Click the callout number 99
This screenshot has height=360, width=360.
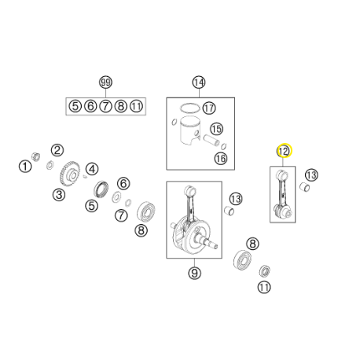coord(105,83)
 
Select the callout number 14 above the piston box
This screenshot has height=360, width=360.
coord(199,83)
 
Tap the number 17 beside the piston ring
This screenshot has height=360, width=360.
coord(209,108)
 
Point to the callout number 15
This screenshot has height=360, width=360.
coord(217,129)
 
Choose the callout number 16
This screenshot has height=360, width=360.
coord(221,158)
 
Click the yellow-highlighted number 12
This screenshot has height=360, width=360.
coord(284,151)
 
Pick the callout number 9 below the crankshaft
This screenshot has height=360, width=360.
coord(194,273)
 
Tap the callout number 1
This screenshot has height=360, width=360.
coord(25,167)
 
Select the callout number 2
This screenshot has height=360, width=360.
coord(57,150)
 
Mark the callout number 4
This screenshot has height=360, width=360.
coord(92,169)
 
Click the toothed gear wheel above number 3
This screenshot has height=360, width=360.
coord(68,174)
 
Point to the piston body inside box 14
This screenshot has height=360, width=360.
coord(189,130)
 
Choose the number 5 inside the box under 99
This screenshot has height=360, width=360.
coord(75,106)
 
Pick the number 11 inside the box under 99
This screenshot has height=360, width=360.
coord(136,106)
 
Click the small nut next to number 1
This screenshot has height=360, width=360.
coord(35,156)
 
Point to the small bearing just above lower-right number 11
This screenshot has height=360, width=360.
coord(265,271)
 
